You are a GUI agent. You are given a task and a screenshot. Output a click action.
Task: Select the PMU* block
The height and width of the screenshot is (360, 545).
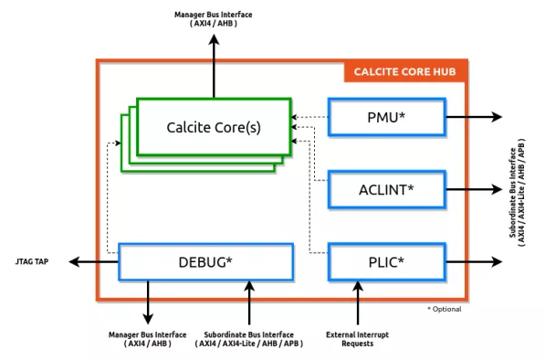386,117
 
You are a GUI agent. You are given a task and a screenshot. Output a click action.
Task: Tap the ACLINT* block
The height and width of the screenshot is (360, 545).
386,189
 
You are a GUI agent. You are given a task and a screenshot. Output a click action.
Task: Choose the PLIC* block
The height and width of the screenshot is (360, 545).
386,261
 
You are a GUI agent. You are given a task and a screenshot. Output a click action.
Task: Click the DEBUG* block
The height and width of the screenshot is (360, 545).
205,261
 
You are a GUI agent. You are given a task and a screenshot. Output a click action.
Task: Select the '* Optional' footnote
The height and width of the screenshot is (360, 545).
444,309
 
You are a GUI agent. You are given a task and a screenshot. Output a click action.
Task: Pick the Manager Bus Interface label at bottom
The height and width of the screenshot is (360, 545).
149,338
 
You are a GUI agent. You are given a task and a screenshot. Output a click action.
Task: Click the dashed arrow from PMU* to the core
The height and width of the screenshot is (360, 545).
310,117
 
